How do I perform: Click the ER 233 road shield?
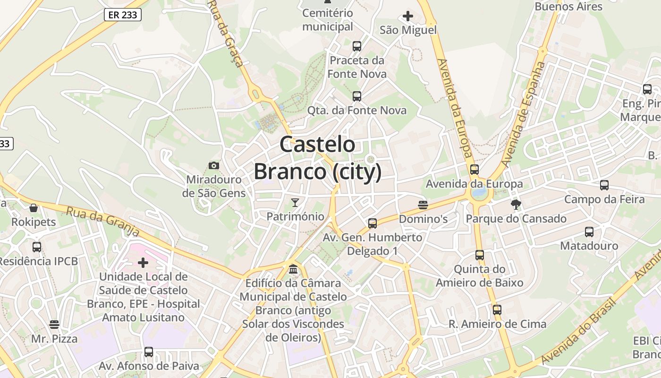pos(123,15)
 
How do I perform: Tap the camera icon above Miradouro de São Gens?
pos(214,165)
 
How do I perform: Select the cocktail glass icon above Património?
pos(295,203)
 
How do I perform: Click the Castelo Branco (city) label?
pos(317,158)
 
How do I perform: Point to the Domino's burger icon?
pos(423,205)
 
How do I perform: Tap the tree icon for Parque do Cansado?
pos(516,205)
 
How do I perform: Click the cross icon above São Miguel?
pos(408,17)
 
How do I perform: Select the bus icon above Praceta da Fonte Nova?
pos(357,46)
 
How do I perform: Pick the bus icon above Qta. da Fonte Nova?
pos(357,96)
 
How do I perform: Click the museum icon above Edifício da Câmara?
pos(293,269)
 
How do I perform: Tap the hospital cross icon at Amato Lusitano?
pos(143,263)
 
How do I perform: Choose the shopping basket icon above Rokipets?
pos(34,208)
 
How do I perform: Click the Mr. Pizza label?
pos(54,339)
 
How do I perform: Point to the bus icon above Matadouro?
pos(589,232)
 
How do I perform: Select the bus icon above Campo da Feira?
pos(604,185)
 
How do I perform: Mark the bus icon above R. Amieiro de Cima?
pos(497,310)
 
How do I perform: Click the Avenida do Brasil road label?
pos(579,331)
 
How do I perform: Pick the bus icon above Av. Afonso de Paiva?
pos(149,352)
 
